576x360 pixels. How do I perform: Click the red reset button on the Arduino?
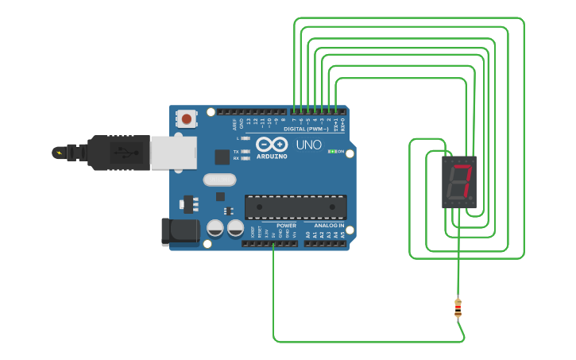186,119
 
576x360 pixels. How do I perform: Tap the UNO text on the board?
308,145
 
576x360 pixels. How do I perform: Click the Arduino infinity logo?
272,145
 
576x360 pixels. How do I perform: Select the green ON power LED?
333,151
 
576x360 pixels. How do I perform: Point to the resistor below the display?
458,308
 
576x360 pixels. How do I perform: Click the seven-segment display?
459,181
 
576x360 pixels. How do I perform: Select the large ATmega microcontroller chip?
296,207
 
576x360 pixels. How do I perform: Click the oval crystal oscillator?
220,180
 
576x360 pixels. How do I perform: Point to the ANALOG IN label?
330,226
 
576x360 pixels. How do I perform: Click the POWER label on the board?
286,226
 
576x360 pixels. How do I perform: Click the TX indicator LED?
245,151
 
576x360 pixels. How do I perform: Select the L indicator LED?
245,138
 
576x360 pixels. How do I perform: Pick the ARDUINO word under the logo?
272,156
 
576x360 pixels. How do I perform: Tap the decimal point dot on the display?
472,198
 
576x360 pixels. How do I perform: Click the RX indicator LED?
245,158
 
